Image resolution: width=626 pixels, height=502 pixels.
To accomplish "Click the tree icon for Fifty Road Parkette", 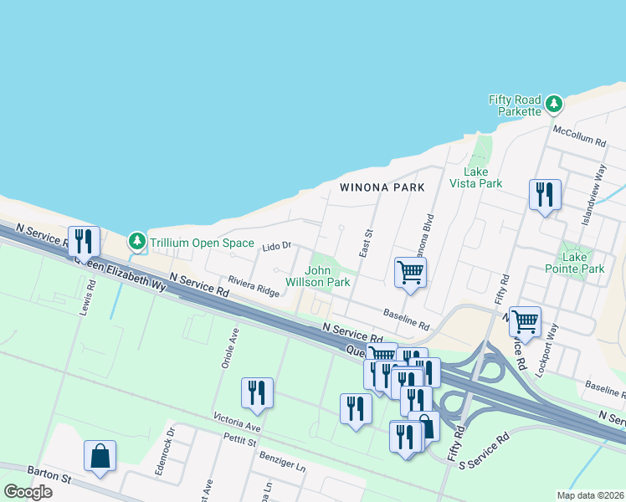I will pyautogui.click(x=553, y=105).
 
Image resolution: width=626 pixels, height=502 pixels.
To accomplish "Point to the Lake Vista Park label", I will pyautogui.click(x=475, y=177).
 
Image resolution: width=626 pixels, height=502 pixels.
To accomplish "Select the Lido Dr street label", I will pyautogui.click(x=275, y=246).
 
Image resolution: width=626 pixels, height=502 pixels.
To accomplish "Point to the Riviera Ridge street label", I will pyautogui.click(x=254, y=287).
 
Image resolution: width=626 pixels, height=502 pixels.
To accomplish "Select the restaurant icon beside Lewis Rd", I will pyautogui.click(x=84, y=241).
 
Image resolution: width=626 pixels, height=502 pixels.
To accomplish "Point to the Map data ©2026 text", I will pyautogui.click(x=590, y=495).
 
